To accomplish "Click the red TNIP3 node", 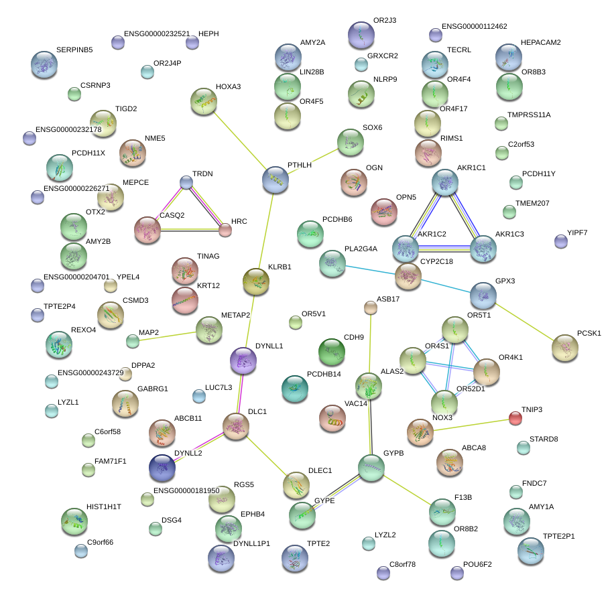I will [515, 418].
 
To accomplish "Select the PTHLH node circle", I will [275, 180].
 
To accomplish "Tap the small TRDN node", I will [186, 182].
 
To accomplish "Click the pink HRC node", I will [225, 230].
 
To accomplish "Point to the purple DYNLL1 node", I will [243, 360].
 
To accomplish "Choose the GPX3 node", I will [483, 295].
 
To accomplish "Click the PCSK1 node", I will [565, 347].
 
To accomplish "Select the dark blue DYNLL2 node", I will [163, 468].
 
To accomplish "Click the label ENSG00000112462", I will [475, 27].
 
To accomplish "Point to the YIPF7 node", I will [561, 241].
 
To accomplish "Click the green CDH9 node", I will [331, 352].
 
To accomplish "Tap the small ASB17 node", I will [371, 308].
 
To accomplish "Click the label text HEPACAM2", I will [541, 42].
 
